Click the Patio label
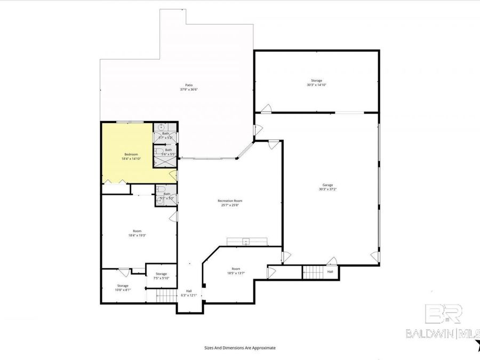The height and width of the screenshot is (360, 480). click(x=189, y=85)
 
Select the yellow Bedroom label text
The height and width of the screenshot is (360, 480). click(x=124, y=155)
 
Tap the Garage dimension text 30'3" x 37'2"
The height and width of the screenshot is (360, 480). click(x=327, y=189)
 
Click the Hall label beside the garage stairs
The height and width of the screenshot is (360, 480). click(x=330, y=271)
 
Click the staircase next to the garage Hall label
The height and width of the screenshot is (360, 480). click(x=314, y=271)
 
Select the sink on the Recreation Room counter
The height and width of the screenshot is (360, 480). click(x=246, y=242)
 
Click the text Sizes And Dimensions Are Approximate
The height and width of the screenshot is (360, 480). click(x=240, y=348)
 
